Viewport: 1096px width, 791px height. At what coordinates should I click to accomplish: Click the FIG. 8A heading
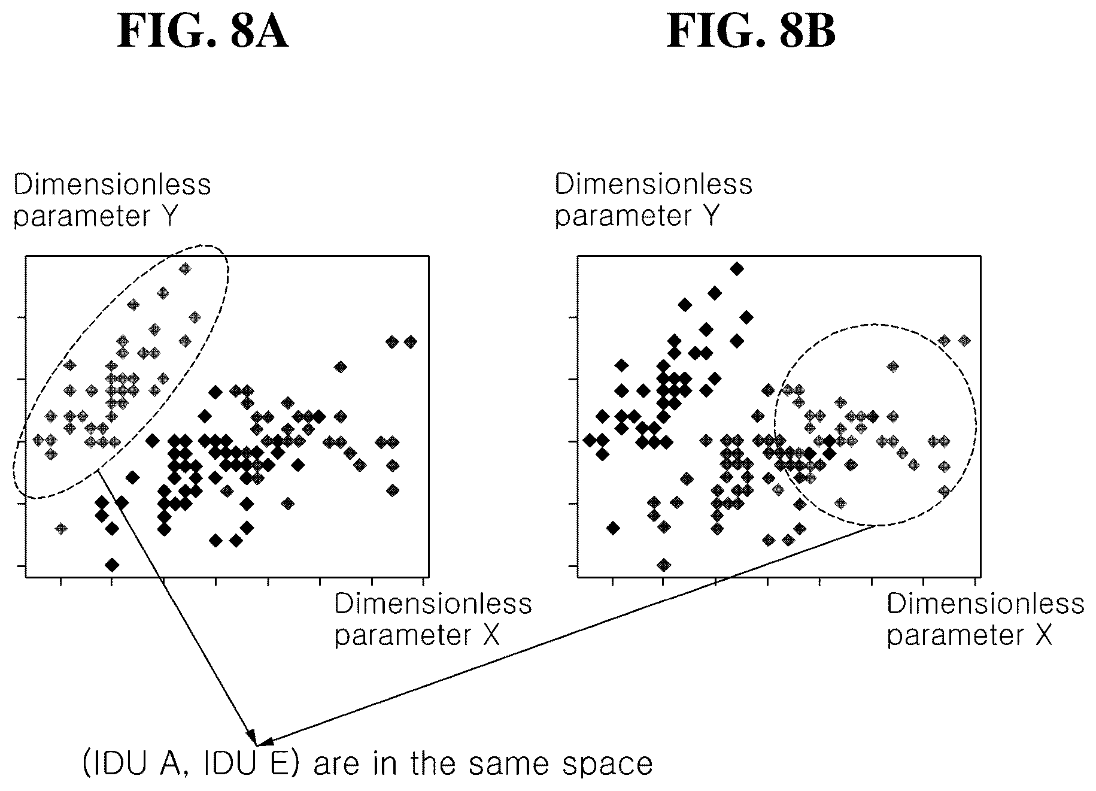click(x=203, y=32)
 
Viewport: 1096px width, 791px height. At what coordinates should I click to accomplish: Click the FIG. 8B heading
click(x=751, y=32)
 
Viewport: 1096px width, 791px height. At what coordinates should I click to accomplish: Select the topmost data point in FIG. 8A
click(x=185, y=269)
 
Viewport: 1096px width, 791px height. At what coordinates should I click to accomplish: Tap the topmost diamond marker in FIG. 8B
click(x=737, y=269)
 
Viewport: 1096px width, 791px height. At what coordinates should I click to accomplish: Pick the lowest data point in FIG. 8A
click(x=112, y=565)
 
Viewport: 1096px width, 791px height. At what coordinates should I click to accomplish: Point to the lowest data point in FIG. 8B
click(x=663, y=565)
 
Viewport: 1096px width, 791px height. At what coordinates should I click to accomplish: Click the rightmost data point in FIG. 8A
click(x=410, y=342)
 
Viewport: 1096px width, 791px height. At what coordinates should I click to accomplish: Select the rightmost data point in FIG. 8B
click(x=964, y=341)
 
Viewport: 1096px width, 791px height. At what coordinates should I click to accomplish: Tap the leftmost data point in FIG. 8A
click(x=38, y=441)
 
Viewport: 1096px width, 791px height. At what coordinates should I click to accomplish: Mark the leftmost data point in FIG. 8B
click(x=590, y=441)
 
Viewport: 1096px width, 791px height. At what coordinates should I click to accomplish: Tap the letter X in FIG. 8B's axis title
click(x=1043, y=635)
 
